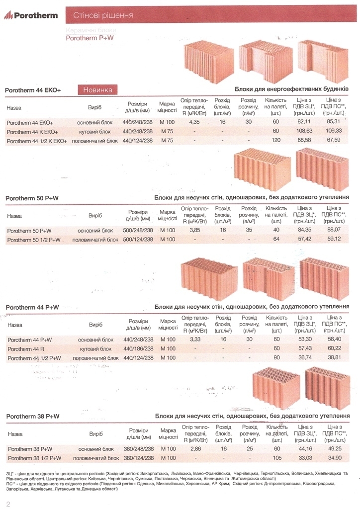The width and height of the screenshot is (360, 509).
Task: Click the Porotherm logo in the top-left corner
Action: point(31,15)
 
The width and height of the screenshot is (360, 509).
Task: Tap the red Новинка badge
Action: point(98,90)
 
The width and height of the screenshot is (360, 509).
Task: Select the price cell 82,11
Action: point(304,122)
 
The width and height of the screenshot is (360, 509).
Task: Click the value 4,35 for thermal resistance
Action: point(194,122)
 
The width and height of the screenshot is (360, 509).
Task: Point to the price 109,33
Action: point(333,131)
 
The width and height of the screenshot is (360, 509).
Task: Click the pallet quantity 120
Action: point(276,140)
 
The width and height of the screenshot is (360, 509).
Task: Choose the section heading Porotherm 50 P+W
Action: point(32,198)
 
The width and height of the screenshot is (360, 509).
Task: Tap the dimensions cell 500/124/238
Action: point(138,239)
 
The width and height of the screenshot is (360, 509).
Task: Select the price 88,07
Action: point(334,230)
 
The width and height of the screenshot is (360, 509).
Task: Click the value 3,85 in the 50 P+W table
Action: point(194,230)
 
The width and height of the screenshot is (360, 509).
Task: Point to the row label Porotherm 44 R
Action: point(26,349)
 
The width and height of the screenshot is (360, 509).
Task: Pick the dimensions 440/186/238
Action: point(138,348)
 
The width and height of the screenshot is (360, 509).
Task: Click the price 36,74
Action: point(305,357)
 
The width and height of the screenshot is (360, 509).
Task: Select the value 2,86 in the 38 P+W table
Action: point(195,449)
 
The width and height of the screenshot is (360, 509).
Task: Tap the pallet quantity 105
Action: point(277,458)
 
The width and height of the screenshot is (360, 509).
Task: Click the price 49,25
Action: point(335,448)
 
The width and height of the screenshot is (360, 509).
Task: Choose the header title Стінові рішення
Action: point(103,15)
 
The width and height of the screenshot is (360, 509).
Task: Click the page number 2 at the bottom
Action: point(8,504)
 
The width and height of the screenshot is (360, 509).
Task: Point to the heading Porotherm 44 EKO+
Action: point(33,90)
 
